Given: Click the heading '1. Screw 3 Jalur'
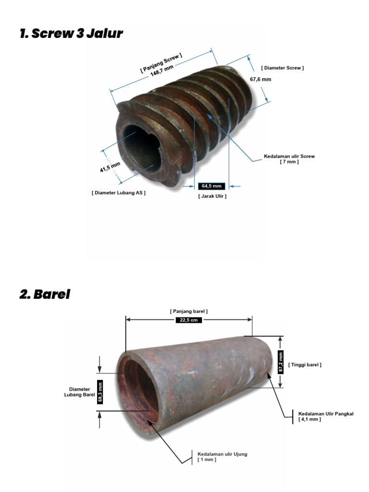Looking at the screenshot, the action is pos(71,33).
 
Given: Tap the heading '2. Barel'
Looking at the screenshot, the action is pos(45,294).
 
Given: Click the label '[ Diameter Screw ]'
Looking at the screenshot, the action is pos(283,68).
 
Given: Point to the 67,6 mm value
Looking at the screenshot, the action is pos(260,79).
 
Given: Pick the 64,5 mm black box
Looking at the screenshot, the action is pos(211,186).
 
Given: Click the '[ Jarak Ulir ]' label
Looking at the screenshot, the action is pos(212,196).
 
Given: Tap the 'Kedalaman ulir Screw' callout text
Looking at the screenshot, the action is pos(289,156).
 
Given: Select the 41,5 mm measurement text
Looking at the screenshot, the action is pos(110,167).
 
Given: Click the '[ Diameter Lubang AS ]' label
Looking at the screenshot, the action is pos(119,193).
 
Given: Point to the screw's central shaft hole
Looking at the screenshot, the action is pos(142,148).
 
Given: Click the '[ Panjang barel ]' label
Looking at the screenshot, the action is pos(189,311).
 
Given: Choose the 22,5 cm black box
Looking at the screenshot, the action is pos(188,320).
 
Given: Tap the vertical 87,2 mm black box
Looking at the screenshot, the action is pos(281,362).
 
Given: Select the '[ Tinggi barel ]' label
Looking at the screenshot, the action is pos(305,365).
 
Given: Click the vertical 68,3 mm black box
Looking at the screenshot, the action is pos(100,392).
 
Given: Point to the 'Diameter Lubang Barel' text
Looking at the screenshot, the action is pos(79,392).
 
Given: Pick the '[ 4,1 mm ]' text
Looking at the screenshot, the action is pos(310,419).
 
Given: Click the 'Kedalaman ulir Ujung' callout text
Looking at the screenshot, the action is pos(222,454).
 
